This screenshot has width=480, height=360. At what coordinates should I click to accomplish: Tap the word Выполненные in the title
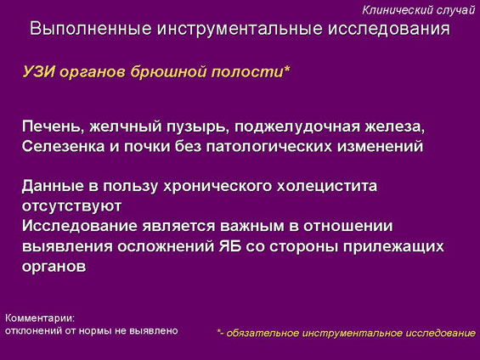click(x=91, y=29)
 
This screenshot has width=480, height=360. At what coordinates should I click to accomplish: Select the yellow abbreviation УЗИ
click(x=38, y=72)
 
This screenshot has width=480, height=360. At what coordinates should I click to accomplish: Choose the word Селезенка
click(x=64, y=146)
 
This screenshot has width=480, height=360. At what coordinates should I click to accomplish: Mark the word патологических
click(x=269, y=147)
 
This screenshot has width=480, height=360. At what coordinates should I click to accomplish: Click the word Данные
click(x=53, y=186)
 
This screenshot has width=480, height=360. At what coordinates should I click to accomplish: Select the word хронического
click(x=217, y=187)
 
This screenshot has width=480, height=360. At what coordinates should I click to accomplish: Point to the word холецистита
click(x=327, y=186)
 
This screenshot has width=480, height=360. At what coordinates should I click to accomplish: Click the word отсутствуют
click(x=71, y=206)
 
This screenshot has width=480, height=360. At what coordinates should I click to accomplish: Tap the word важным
click(x=259, y=226)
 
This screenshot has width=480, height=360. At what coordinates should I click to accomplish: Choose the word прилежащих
click(x=393, y=247)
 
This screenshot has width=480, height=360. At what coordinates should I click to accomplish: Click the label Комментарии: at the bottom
click(x=40, y=318)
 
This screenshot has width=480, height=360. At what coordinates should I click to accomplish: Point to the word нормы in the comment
click(x=95, y=331)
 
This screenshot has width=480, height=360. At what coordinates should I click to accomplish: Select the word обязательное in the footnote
click(x=263, y=333)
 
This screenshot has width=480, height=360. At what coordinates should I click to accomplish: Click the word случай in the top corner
click(x=455, y=10)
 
